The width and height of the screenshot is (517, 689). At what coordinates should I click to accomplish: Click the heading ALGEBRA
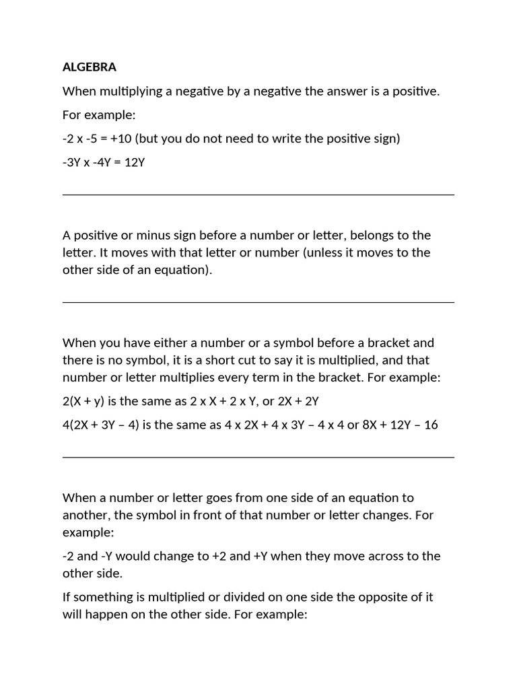[90, 67]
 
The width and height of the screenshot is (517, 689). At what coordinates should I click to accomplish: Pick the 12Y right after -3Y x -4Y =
[134, 162]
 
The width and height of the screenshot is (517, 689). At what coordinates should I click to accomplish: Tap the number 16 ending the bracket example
[431, 425]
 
